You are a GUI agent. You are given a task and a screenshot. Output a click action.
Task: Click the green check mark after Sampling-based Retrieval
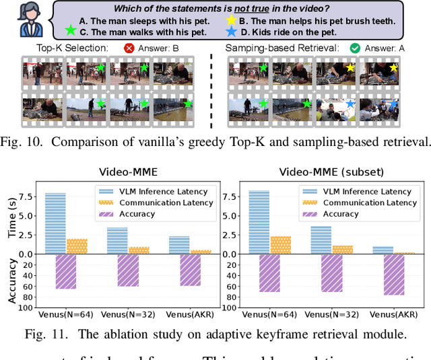tap(354, 48)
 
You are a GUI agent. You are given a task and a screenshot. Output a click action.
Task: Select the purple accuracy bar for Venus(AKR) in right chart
tap(393, 275)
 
